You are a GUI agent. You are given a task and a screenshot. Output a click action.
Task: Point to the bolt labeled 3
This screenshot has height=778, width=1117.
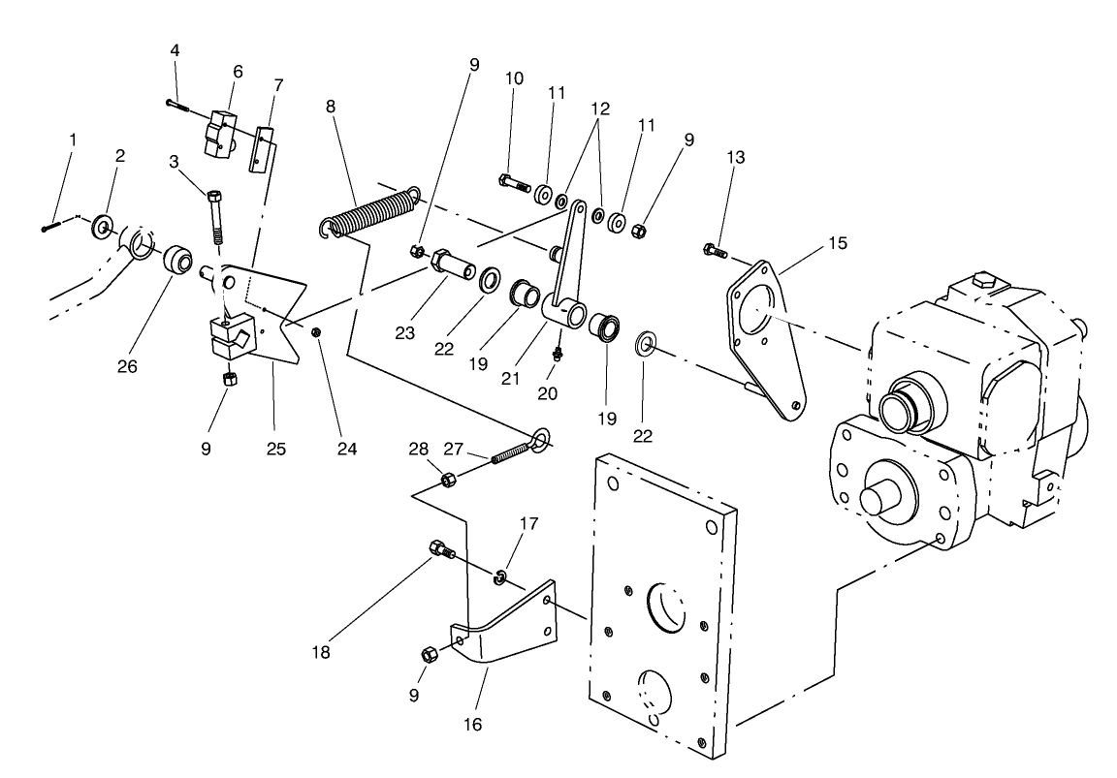pos(216,218)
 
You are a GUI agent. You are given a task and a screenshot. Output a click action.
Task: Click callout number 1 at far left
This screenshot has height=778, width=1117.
pos(72,140)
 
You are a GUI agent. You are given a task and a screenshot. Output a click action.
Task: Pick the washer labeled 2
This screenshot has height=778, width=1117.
pos(102,229)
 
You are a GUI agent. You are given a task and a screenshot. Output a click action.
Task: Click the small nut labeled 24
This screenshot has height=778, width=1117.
pos(317,332)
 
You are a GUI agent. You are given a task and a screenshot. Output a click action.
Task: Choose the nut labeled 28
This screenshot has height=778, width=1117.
pos(449,480)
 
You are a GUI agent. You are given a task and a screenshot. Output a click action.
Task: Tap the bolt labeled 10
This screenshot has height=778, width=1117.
pos(514,181)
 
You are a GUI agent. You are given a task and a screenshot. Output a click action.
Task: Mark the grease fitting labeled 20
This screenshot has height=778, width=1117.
pos(557,355)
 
